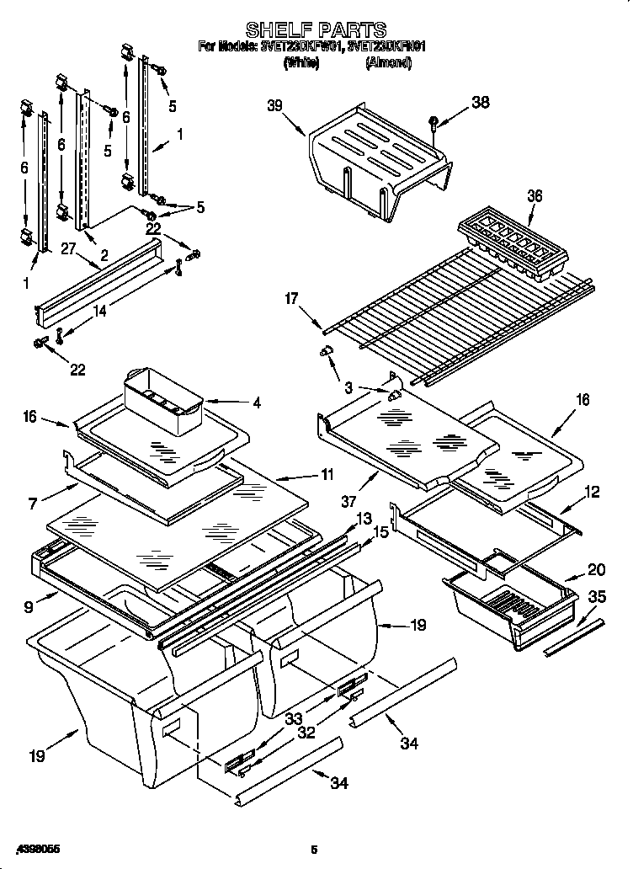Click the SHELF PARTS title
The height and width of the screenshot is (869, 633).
(316, 31)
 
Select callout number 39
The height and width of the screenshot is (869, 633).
(275, 106)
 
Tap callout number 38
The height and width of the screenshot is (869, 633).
(479, 103)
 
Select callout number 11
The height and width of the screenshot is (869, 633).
(326, 475)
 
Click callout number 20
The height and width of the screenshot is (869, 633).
(597, 568)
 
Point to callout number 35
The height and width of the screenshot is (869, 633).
(597, 597)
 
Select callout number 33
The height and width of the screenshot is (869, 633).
(294, 718)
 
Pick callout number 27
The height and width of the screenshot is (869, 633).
(68, 248)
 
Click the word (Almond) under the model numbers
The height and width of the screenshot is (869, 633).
(388, 62)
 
